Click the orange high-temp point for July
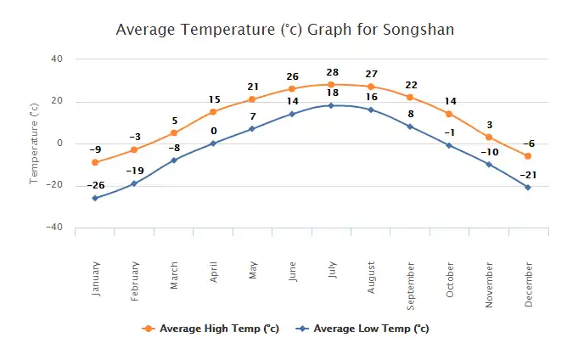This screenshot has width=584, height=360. click(331, 85)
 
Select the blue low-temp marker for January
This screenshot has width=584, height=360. click(95, 198)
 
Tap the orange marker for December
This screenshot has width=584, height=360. click(528, 156)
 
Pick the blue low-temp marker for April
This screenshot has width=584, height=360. click(213, 143)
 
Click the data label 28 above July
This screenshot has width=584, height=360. click(331, 73)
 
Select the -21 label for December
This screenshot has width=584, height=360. click(528, 175)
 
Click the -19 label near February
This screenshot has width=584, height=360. click(135, 171)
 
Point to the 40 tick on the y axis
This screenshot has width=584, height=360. click(57, 59)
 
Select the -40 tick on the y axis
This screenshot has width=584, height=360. click(53, 228)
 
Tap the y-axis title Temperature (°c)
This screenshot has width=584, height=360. click(34, 143)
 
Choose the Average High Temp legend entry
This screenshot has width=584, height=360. click(212, 329)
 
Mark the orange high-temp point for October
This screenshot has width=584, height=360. click(449, 114)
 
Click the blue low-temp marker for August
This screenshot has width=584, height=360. click(371, 110)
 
